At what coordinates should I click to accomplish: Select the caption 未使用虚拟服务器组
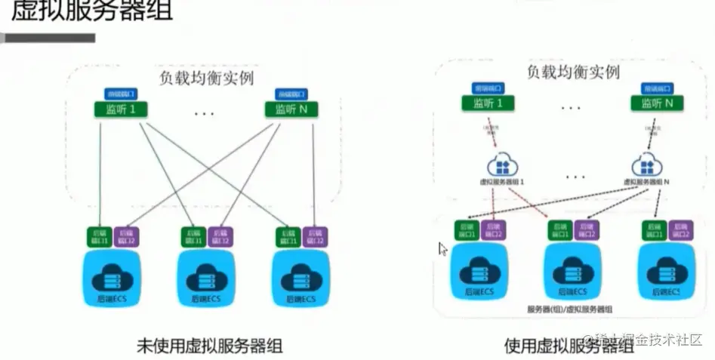point(203,345)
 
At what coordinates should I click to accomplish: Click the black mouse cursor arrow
point(443,249)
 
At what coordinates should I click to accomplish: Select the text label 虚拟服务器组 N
point(648,182)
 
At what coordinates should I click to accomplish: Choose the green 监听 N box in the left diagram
point(291,110)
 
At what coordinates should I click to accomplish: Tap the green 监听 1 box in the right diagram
point(487,103)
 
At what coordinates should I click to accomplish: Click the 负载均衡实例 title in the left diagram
point(205,77)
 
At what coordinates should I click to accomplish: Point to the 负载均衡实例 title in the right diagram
point(573,72)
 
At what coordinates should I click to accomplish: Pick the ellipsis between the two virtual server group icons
point(575,176)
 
